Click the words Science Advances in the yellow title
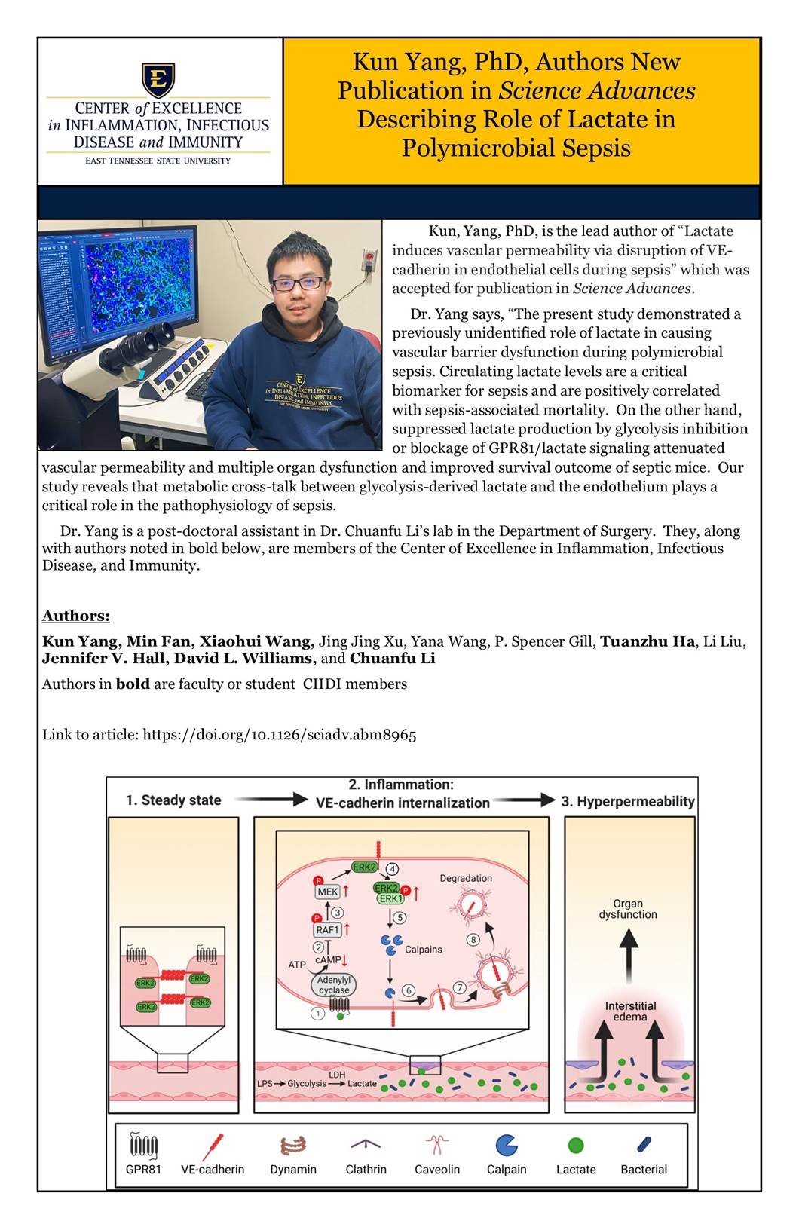pyautogui.click(x=597, y=91)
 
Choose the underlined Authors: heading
pyautogui.click(x=75, y=617)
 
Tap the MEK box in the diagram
pyautogui.click(x=329, y=892)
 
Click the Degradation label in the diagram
pyautogui.click(x=466, y=878)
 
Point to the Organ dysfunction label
pyautogui.click(x=628, y=909)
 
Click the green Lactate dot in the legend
pyautogui.click(x=576, y=1146)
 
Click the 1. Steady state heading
pyautogui.click(x=173, y=800)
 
